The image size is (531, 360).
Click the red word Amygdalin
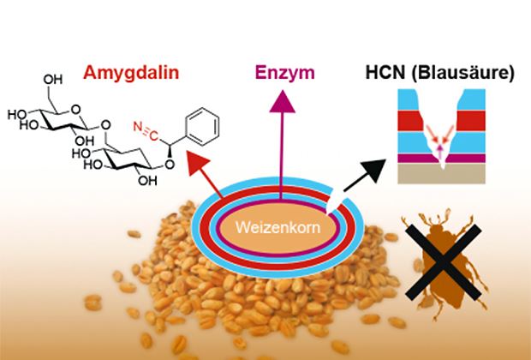[131, 74]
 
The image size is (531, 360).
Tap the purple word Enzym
[285, 74]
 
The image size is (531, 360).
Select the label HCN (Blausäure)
[439, 73]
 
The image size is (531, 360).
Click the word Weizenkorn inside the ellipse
[277, 227]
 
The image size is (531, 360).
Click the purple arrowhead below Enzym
[282, 101]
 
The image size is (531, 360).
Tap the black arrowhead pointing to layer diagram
[373, 170]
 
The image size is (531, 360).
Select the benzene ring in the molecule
[203, 127]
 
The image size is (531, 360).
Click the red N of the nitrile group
[138, 127]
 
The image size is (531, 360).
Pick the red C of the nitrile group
[154, 135]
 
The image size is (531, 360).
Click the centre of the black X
[444, 261]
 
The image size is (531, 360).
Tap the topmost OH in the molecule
[52, 80]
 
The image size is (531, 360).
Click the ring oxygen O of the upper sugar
[76, 109]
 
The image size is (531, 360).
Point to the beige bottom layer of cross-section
[441, 173]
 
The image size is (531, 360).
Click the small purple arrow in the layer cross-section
[440, 151]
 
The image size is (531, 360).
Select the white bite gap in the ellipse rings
[337, 204]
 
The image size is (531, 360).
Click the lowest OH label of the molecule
[147, 181]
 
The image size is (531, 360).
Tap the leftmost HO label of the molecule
[17, 115]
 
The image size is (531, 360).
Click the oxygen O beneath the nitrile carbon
[170, 165]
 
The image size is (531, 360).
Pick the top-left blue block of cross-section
[408, 99]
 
